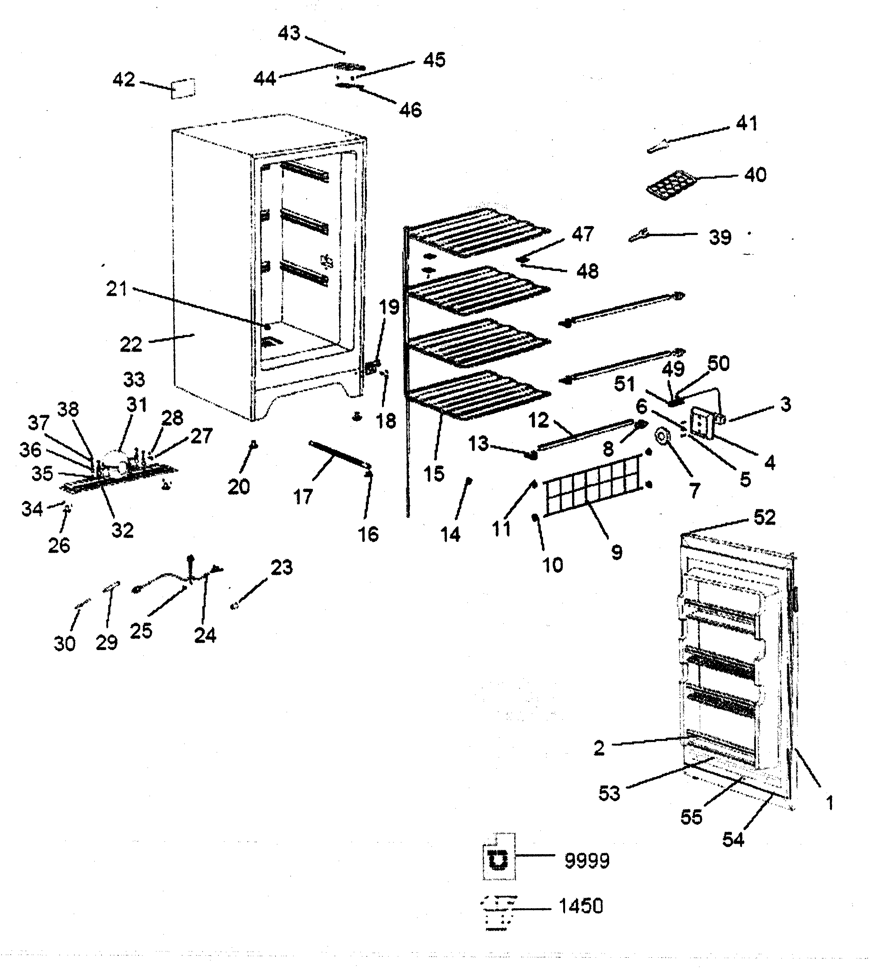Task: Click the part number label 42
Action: [x=124, y=80]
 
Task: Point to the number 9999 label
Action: [x=587, y=861]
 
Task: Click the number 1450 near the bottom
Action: [x=581, y=906]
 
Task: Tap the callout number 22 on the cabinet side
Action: [x=131, y=345]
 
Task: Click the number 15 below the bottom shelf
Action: [x=434, y=474]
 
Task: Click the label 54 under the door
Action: [x=733, y=839]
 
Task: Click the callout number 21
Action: [x=116, y=289]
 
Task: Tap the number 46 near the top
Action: [x=410, y=110]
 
